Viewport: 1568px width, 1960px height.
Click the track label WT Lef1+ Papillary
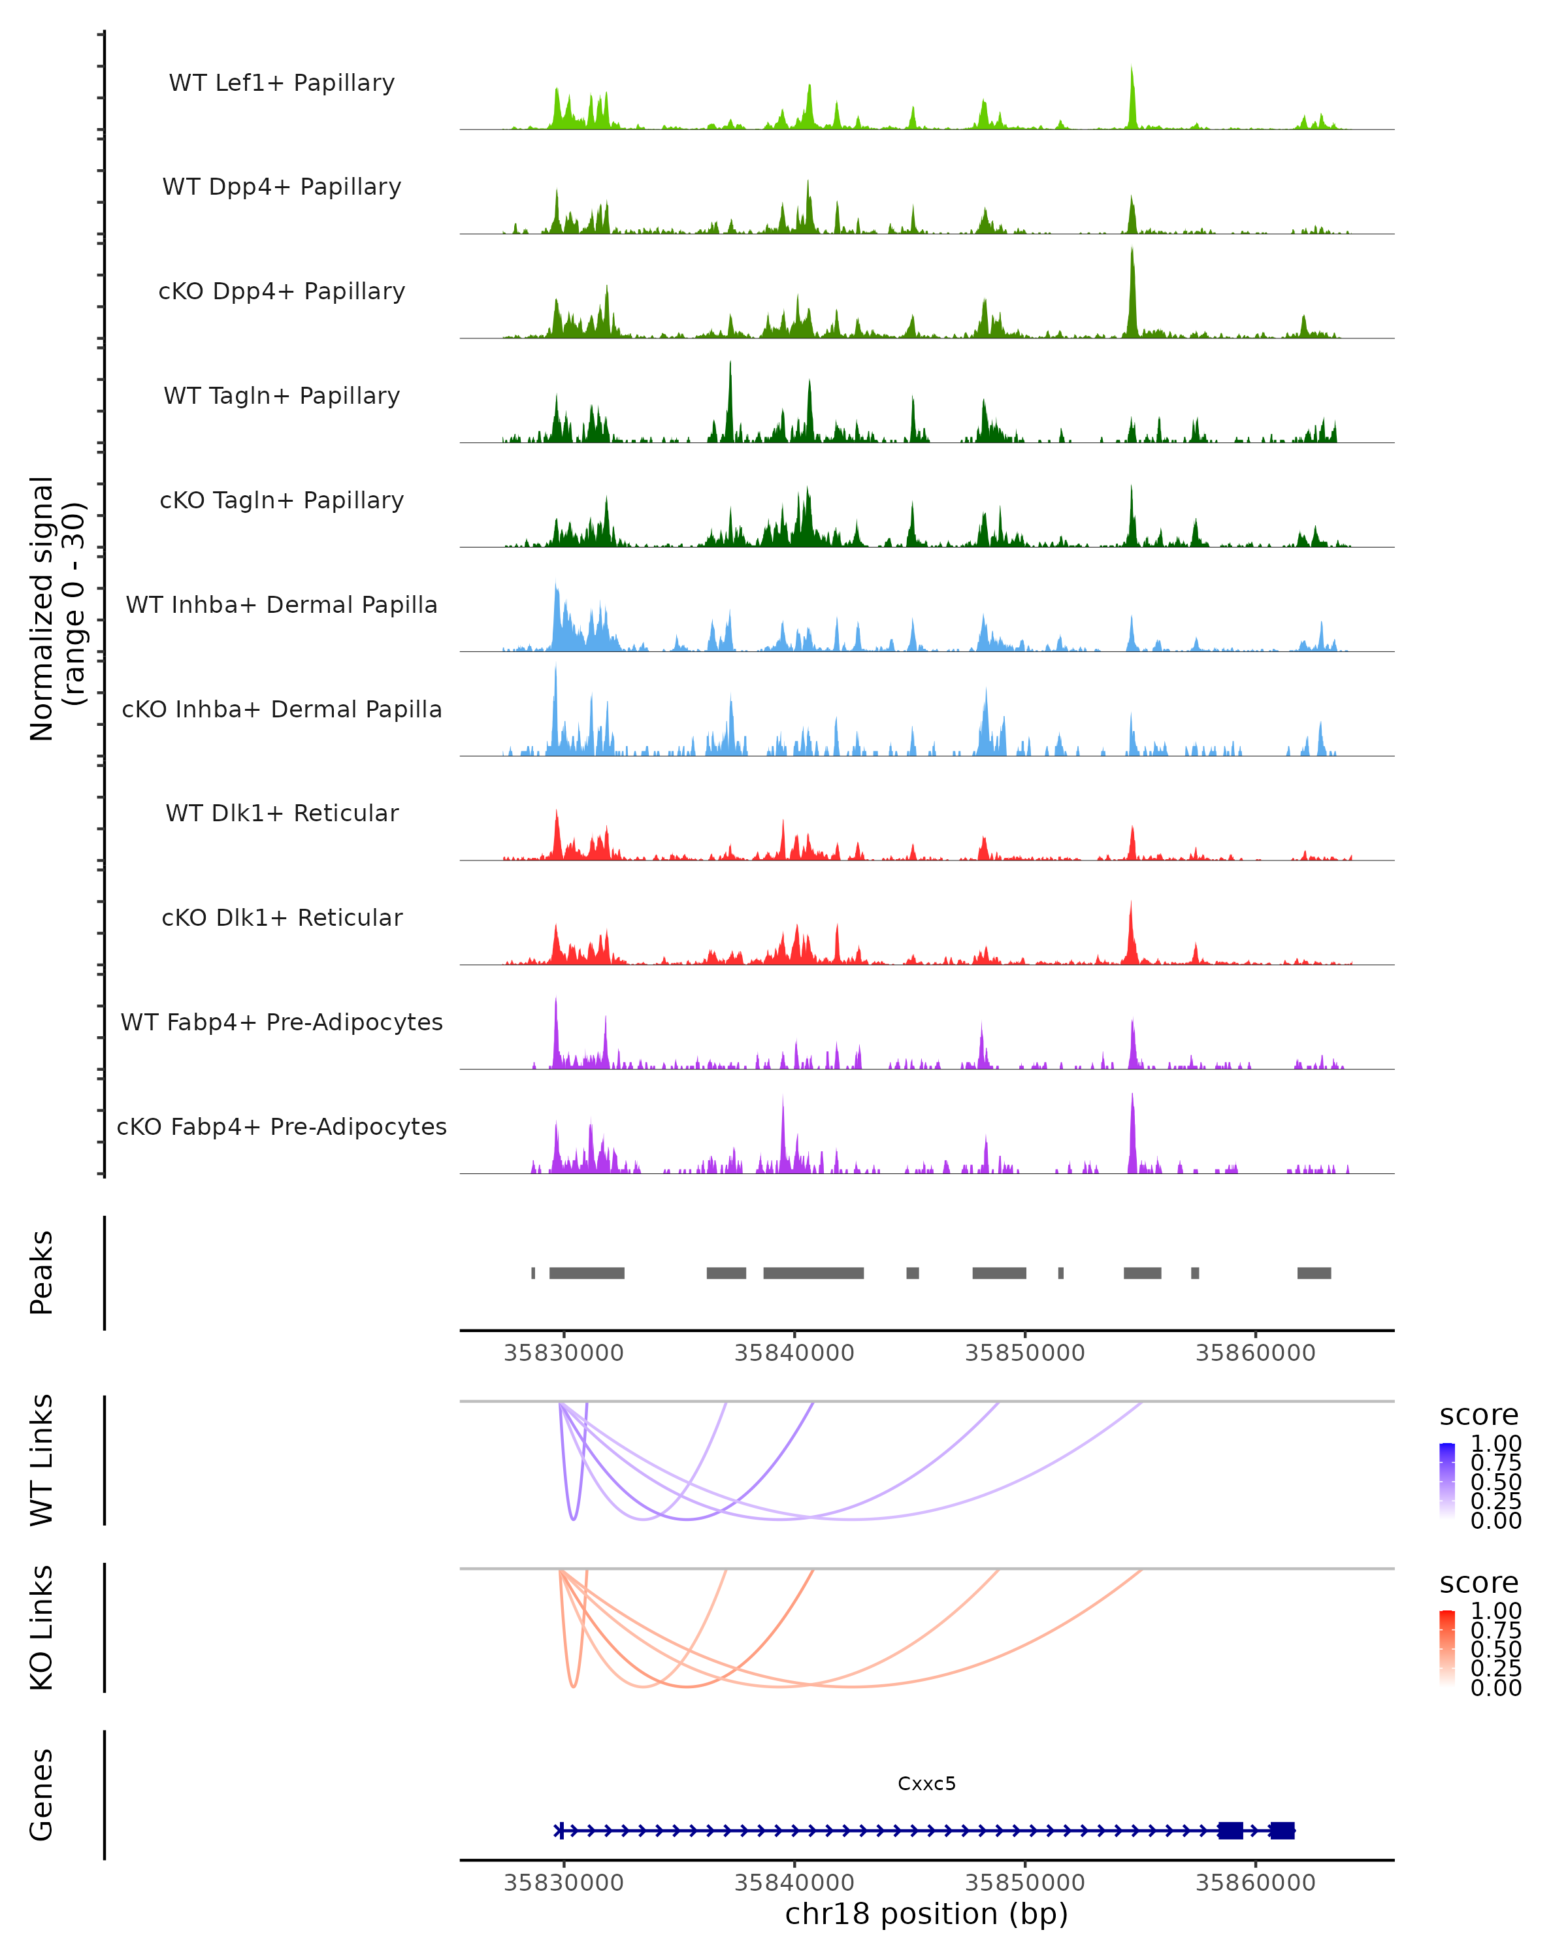click(282, 83)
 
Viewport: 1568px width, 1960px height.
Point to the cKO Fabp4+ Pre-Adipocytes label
click(282, 1126)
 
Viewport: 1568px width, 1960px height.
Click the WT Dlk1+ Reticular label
click(282, 813)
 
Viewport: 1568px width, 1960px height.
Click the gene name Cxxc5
click(926, 1784)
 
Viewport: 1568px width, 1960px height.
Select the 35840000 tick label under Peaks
click(794, 1353)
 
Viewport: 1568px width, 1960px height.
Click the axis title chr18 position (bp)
click(926, 1914)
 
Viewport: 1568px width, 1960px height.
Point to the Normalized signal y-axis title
click(56, 608)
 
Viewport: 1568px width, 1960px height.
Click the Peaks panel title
click(42, 1273)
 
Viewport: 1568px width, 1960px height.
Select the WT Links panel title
click(42, 1460)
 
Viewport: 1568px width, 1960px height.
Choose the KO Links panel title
click(42, 1627)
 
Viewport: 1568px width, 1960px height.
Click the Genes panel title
click(42, 1795)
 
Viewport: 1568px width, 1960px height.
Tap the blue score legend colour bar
click(1447, 1481)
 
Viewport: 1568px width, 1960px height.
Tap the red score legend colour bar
click(1447, 1648)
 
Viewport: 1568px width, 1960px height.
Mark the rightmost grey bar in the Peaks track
click(1313, 1273)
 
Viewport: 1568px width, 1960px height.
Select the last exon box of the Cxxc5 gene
click(1282, 1830)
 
